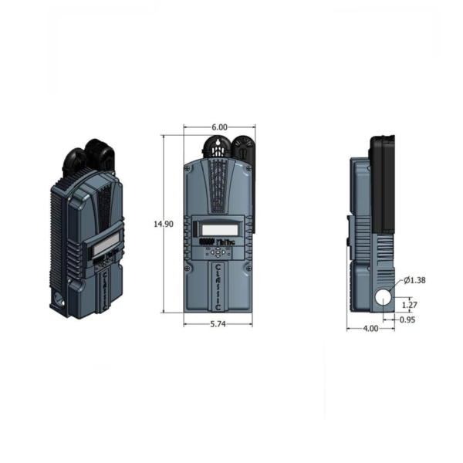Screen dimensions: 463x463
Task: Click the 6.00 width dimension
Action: tap(219, 127)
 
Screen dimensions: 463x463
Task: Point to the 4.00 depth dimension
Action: tap(370, 329)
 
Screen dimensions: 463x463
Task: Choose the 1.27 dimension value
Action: tap(410, 304)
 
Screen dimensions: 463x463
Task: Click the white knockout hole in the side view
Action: tap(383, 296)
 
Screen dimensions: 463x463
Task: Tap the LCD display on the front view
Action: tap(218, 229)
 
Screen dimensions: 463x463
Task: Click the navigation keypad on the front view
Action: tap(220, 252)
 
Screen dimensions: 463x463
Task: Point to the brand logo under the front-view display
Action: tap(218, 241)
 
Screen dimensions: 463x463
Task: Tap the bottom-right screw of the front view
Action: tap(248, 268)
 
